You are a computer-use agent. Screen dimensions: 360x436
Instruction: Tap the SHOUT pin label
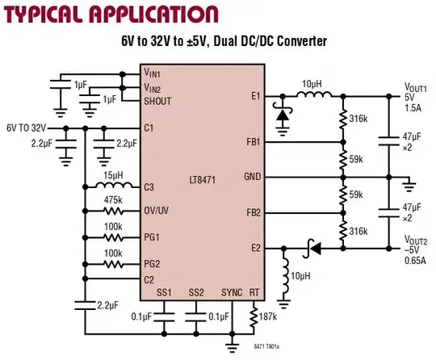tap(159, 101)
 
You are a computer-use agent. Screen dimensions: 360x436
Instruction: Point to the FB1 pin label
tap(252, 143)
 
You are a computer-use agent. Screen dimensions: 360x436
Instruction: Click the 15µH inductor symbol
tap(113, 187)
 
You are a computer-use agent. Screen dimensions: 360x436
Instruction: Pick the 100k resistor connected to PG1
tap(113, 237)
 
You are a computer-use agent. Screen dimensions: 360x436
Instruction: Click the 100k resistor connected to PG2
tap(113, 263)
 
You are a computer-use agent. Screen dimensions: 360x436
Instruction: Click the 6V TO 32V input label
tap(27, 128)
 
